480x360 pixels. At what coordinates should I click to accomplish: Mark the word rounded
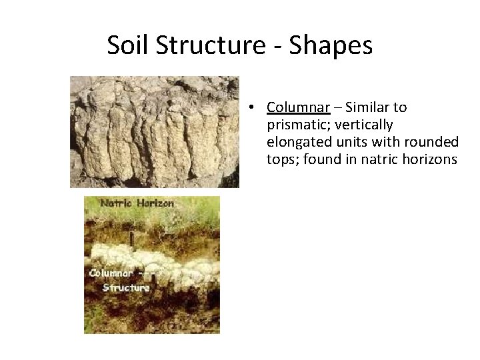433,142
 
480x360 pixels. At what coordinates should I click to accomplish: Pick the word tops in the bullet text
281,160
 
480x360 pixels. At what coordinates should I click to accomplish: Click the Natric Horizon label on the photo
137,203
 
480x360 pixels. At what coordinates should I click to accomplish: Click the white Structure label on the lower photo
125,287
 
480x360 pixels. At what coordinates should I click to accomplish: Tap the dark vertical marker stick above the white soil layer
132,238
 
